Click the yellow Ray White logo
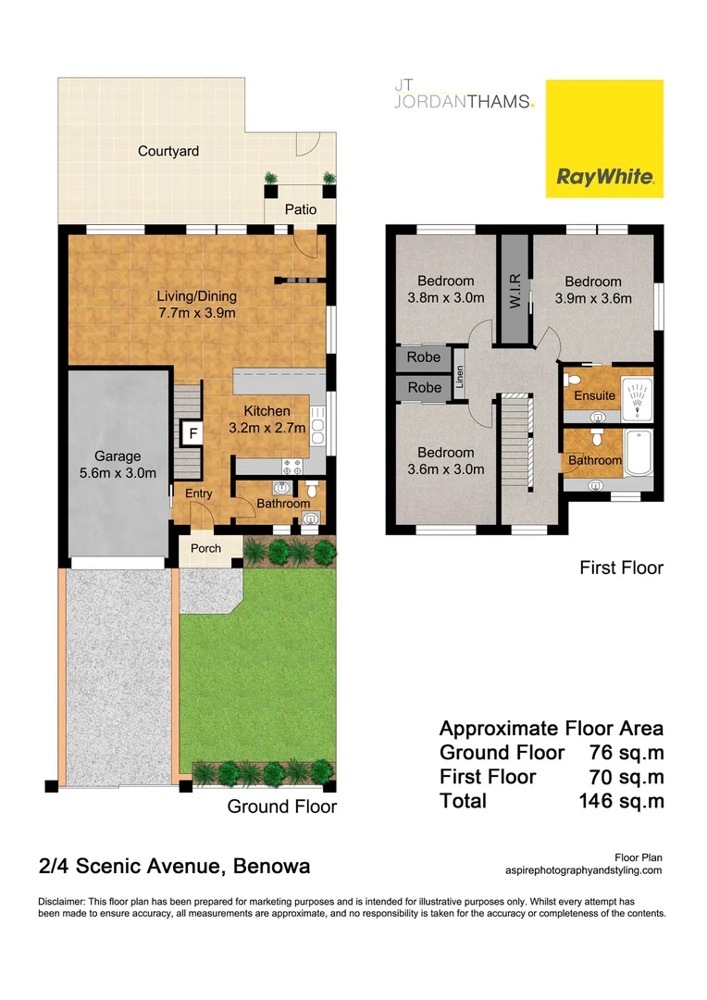[604, 138]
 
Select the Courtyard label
[168, 151]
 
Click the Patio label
[300, 209]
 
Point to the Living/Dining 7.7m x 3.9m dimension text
[196, 305]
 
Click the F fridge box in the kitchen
[193, 432]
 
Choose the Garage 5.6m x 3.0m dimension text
[117, 465]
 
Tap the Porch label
[205, 548]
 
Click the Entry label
[199, 494]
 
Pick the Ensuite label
[595, 395]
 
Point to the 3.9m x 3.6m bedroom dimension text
[593, 297]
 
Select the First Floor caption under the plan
[621, 568]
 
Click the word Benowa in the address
[272, 867]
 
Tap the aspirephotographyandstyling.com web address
[584, 870]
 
